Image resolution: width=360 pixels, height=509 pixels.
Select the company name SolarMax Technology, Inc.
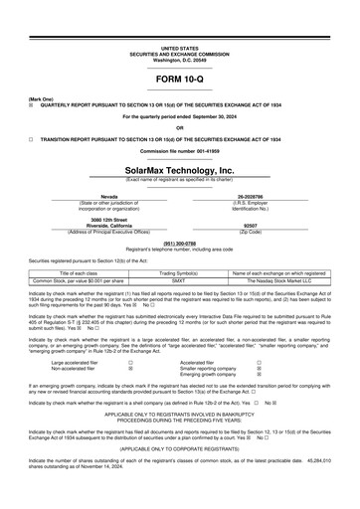179,170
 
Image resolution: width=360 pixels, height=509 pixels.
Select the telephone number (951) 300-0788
179,241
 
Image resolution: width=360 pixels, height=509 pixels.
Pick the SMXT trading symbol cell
179,279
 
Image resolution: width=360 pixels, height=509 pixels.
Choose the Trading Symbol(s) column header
179,271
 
